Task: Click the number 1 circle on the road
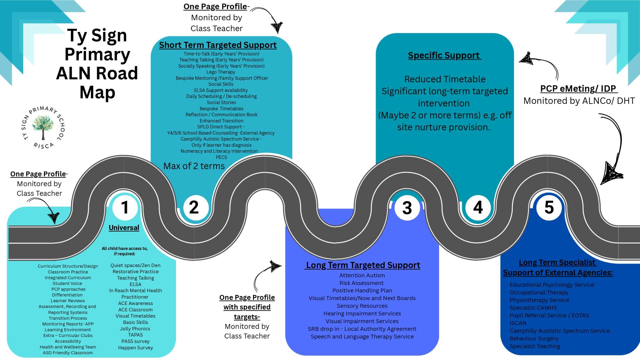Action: pos(125,207)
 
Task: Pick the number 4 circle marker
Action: pos(478,207)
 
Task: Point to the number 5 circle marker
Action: pos(549,207)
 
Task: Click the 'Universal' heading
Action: pos(124,228)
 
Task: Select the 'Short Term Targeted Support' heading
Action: pos(218,45)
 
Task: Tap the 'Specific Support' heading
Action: pos(444,55)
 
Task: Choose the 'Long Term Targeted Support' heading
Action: pos(363,265)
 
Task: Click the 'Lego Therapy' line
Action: pos(221,72)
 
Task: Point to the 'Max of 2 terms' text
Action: pos(194,166)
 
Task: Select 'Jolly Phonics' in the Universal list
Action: pos(135,329)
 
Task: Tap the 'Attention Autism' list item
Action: pos(362,275)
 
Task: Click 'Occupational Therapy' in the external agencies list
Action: pos(539,292)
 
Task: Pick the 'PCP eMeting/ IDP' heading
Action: pos(578,89)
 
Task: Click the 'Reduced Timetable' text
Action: pos(445,79)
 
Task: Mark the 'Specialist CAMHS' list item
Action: pos(533,308)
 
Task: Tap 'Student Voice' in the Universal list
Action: pos(67,283)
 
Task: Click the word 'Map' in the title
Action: pos(97,92)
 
